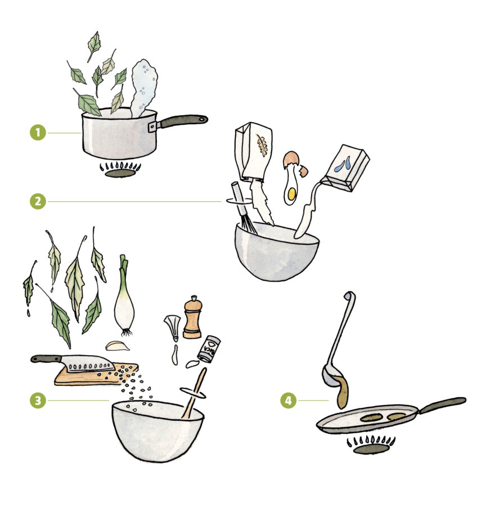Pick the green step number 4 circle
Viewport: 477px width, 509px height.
point(288,401)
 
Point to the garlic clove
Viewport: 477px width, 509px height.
point(118,346)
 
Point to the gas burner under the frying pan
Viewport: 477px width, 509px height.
point(371,446)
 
